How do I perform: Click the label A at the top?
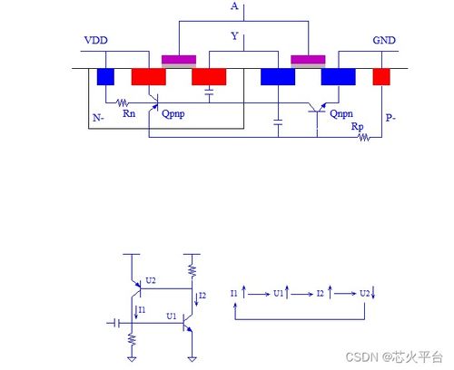(x=235, y=7)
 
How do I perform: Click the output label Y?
(x=235, y=36)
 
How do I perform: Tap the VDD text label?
(x=95, y=42)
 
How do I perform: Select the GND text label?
(x=384, y=42)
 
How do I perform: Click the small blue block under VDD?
(x=105, y=76)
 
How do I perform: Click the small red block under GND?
(x=381, y=76)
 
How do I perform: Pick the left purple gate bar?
(x=178, y=60)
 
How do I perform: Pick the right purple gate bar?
(x=308, y=60)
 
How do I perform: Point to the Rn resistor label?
(x=129, y=114)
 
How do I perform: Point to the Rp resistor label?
(x=358, y=128)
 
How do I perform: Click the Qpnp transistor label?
(x=175, y=115)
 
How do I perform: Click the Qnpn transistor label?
(x=342, y=114)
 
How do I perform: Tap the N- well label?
(x=99, y=118)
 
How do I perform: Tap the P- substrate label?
(x=390, y=118)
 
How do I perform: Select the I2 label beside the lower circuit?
(x=202, y=296)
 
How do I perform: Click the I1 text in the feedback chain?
(x=234, y=294)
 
